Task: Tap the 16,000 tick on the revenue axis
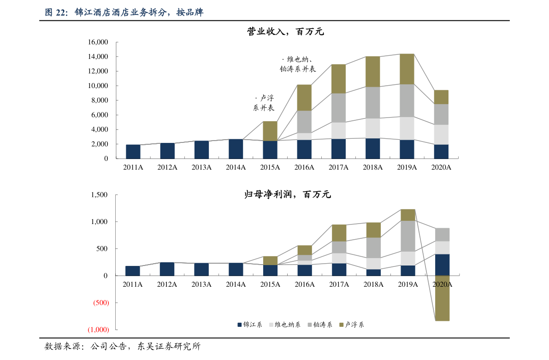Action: (x=98, y=42)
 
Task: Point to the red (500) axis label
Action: (x=101, y=302)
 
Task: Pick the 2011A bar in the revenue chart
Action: (x=133, y=152)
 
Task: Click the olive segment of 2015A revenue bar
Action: (x=270, y=131)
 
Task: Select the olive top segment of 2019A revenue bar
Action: (x=407, y=69)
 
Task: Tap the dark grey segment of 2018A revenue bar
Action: (x=372, y=103)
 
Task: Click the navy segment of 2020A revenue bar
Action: (x=441, y=152)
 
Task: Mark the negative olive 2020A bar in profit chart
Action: (x=442, y=298)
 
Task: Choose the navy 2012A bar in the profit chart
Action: (x=167, y=269)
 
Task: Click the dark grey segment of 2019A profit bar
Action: (x=408, y=236)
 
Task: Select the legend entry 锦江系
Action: (x=250, y=325)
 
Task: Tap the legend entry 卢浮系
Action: (x=352, y=325)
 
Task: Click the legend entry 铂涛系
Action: (x=320, y=325)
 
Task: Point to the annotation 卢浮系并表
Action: (x=264, y=103)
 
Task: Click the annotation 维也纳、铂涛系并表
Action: (x=298, y=64)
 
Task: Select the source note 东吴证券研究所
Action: (x=169, y=346)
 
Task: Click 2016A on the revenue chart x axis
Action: (x=304, y=167)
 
